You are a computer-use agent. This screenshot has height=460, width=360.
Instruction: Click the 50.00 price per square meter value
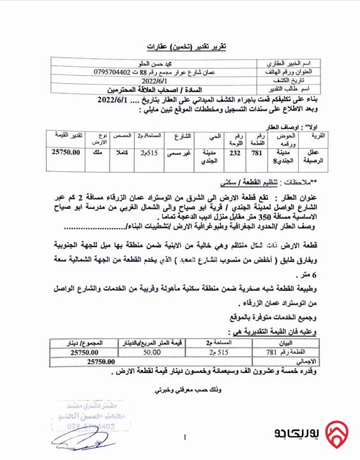click(151, 352)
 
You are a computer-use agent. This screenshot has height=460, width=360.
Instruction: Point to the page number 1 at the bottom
click(184, 438)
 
